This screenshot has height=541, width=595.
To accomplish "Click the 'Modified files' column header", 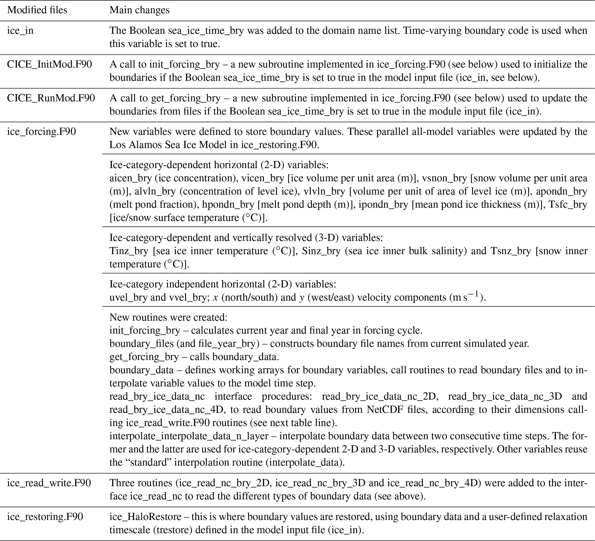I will click(37, 10).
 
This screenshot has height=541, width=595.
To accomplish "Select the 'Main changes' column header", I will click(139, 10).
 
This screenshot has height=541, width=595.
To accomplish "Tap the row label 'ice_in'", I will click(20, 31).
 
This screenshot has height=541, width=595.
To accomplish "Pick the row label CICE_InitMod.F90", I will click(49, 64).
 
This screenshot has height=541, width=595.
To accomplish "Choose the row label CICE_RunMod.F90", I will click(51, 98).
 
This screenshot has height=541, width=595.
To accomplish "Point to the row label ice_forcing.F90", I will click(41, 132).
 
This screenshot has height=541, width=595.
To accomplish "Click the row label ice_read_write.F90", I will click(49, 483).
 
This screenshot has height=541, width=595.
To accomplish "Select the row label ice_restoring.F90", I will click(45, 517).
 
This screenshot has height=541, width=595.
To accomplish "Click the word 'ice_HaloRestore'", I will click(145, 517).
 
